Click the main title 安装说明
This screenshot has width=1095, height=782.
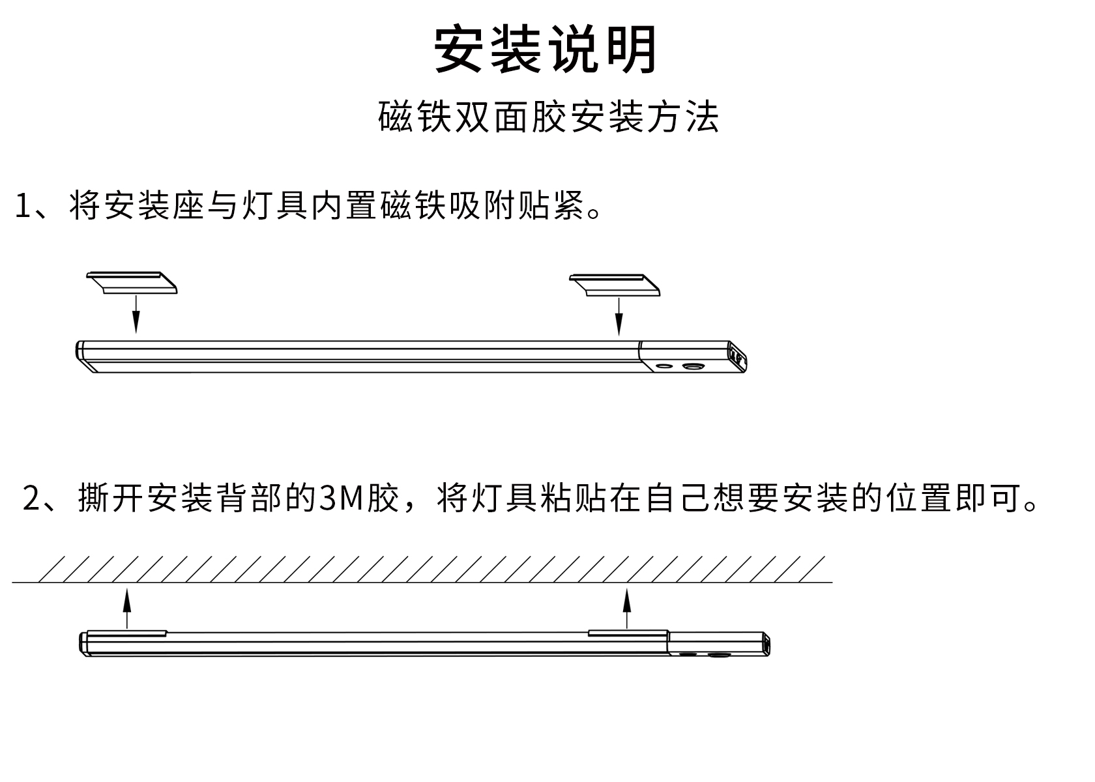pos(546,50)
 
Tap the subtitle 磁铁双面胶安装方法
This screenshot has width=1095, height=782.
pos(548,118)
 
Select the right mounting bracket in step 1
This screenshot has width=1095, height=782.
pos(615,285)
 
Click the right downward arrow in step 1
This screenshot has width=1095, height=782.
pos(619,317)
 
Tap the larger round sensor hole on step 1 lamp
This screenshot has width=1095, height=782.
pos(692,368)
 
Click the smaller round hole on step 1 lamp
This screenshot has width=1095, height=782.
pos(664,366)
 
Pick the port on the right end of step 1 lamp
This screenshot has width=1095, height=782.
pos(737,355)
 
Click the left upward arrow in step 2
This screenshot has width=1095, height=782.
pos(127,609)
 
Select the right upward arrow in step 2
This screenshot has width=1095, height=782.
pos(627,609)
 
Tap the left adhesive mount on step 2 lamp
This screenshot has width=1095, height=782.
pos(127,632)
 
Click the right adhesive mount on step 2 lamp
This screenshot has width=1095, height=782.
pos(628,633)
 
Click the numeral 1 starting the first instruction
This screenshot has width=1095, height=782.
pos(23,206)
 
